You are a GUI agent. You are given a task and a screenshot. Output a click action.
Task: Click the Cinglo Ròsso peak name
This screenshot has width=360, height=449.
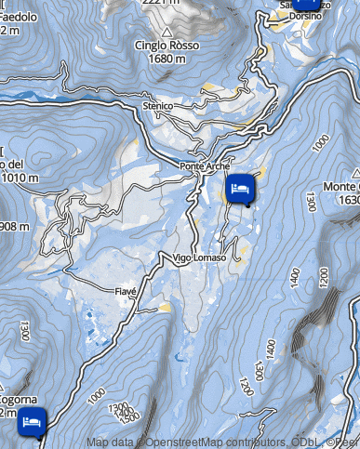pos(167,47)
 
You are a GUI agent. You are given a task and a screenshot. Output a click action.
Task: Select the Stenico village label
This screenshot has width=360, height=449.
pos(158,107)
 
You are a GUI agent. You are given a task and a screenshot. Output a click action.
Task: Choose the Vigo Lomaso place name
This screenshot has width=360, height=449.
pos(199,258)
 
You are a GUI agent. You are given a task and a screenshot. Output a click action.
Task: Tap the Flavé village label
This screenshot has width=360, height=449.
pos(126,291)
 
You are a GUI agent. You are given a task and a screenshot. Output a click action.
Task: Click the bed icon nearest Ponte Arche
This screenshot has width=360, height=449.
pos(239,189)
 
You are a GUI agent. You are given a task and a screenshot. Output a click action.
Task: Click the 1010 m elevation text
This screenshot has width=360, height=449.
pos(17,178)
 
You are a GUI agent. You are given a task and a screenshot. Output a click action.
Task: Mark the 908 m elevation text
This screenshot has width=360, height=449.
pos(15,226)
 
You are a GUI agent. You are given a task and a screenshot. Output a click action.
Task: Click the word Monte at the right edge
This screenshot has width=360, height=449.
pos(341,187)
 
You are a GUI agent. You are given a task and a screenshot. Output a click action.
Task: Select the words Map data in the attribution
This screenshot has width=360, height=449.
pos(109,442)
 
